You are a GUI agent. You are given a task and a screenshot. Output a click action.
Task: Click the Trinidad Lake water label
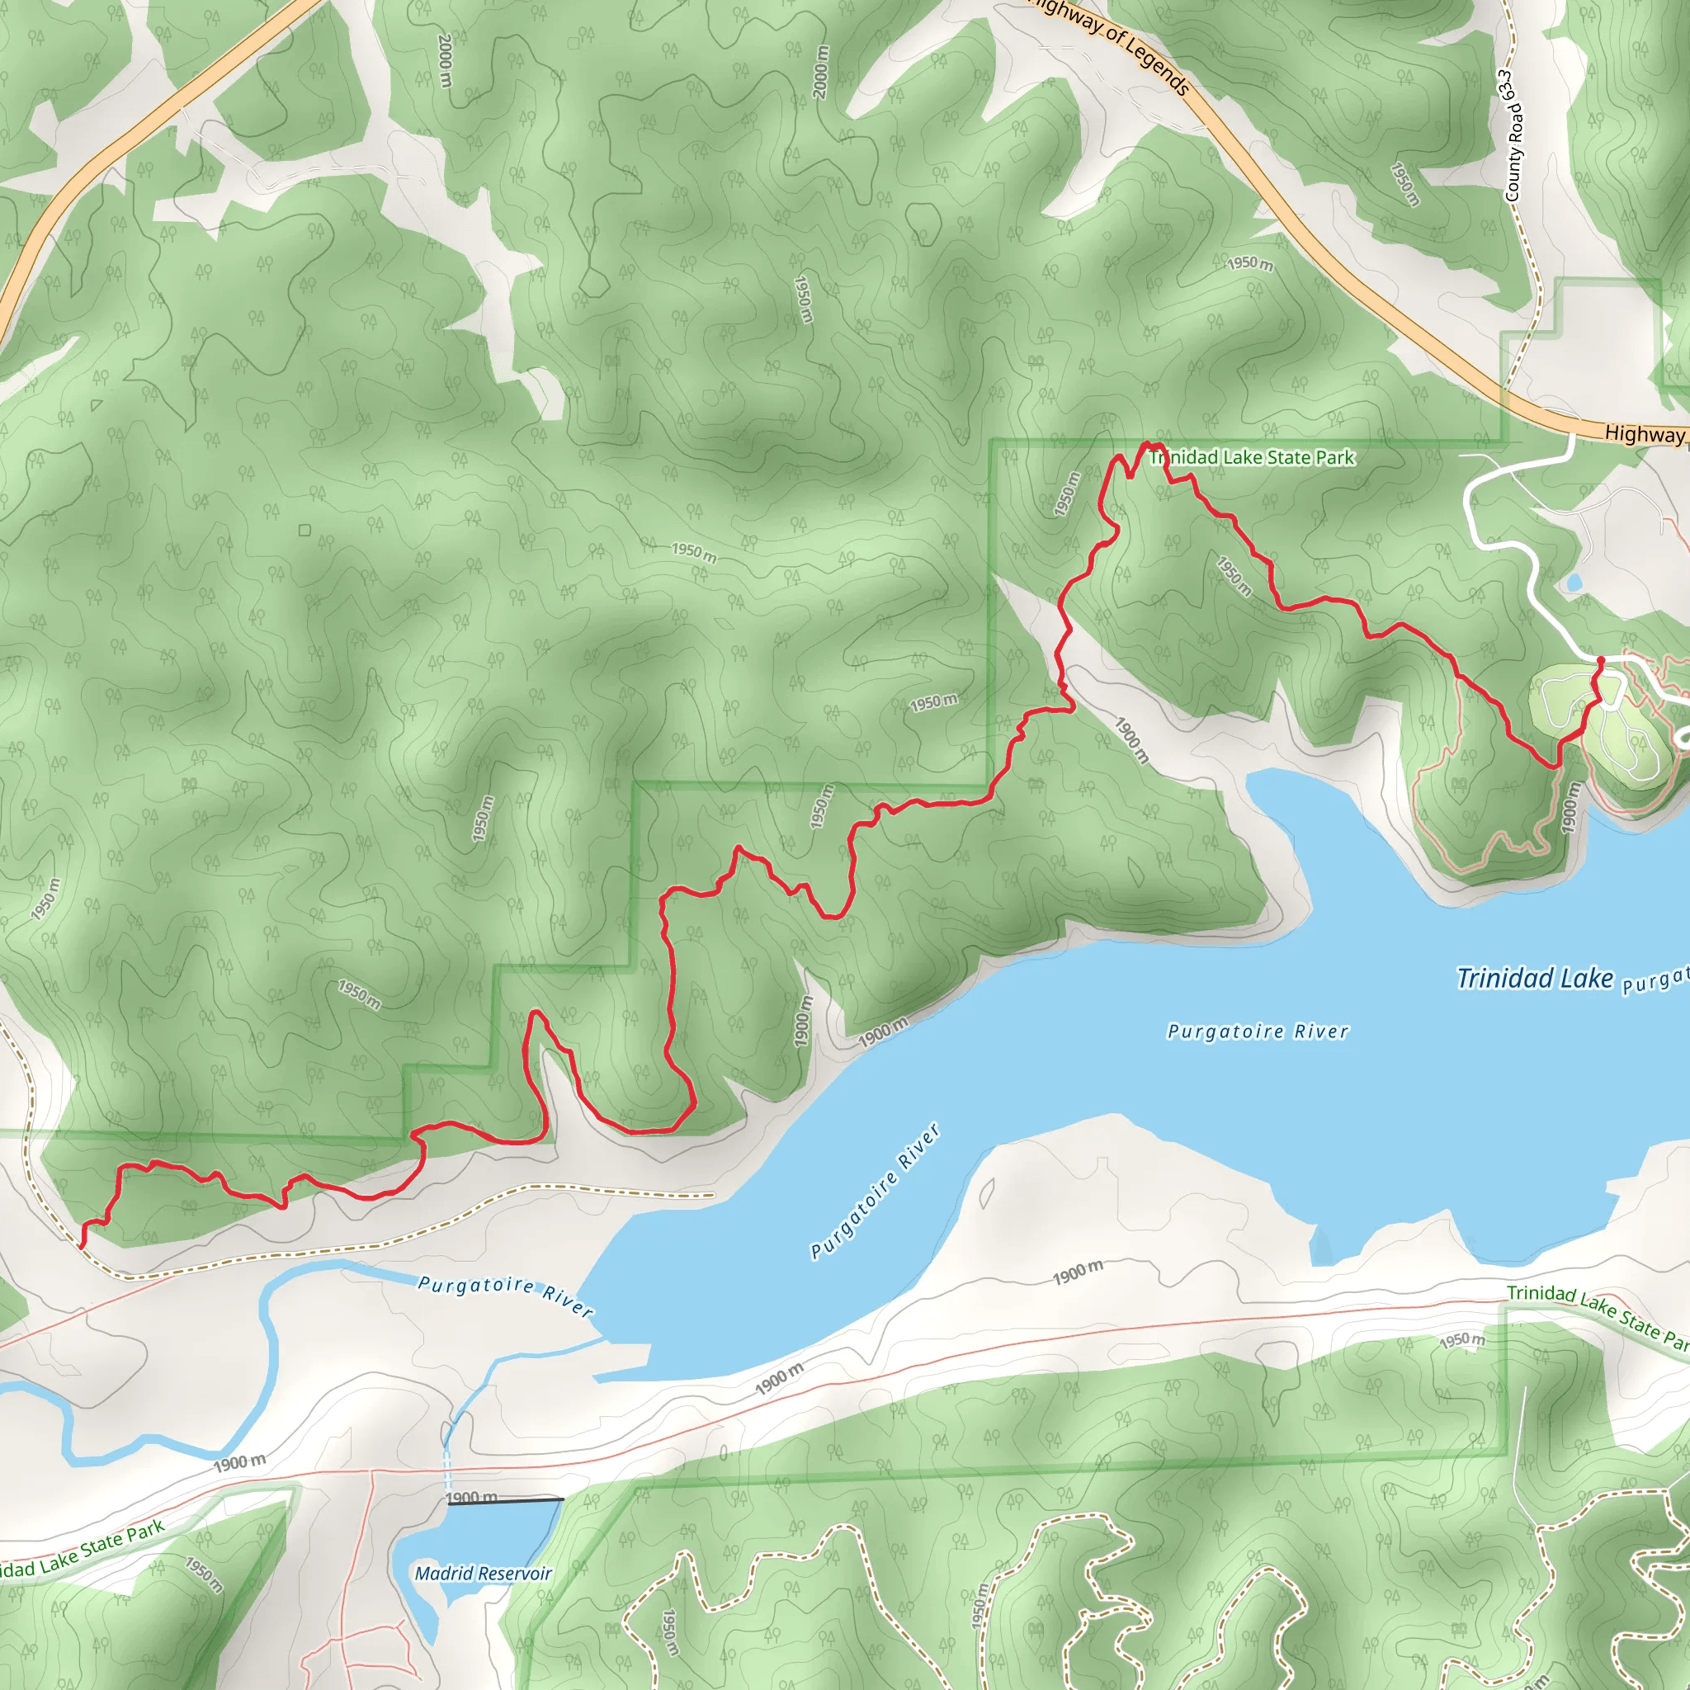point(1533,978)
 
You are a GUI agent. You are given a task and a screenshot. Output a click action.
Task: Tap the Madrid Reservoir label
point(483,1573)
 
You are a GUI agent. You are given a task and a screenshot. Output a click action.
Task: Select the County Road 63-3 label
point(1513,136)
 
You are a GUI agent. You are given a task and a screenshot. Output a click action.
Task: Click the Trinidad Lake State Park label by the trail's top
point(1253,457)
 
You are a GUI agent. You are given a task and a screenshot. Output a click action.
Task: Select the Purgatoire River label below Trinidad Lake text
point(1258,1031)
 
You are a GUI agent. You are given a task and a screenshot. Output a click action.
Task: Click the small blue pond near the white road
point(1574,582)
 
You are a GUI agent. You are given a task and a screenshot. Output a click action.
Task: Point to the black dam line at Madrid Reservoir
point(506,1501)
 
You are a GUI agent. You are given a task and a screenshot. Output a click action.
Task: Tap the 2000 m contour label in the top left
point(446,60)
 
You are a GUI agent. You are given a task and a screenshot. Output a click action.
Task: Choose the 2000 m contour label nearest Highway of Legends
point(819,72)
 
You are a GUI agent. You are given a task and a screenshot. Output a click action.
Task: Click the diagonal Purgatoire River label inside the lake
point(875,1192)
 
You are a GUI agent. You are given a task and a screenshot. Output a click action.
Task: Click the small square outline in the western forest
point(304,530)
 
